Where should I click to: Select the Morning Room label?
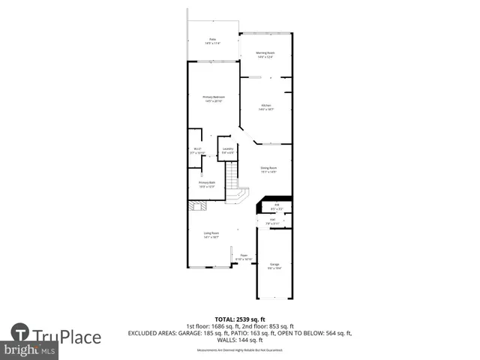[265, 54]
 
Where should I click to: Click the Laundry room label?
[226, 151]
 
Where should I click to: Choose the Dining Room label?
[268, 169]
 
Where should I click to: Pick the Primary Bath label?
[206, 184]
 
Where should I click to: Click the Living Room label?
[211, 235]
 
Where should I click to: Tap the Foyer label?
[243, 256]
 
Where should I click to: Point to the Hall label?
[271, 222]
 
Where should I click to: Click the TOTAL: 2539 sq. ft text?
[239, 319]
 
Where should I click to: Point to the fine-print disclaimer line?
[239, 350]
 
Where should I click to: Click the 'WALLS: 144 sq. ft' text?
[239, 340]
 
